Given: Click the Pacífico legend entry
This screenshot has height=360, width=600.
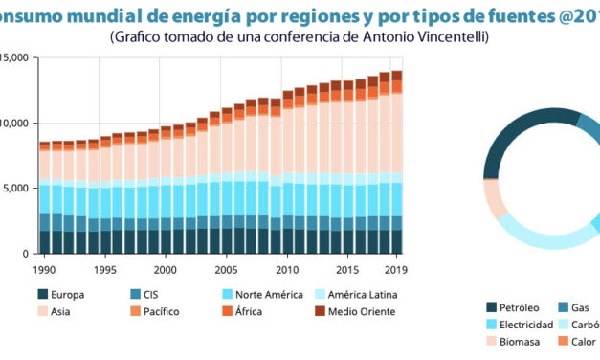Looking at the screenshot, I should (x=160, y=311).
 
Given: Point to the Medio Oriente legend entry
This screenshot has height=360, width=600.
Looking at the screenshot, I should (x=353, y=311).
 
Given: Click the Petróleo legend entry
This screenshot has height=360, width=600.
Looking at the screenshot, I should (x=519, y=307).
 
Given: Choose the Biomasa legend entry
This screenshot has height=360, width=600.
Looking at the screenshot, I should (x=520, y=342).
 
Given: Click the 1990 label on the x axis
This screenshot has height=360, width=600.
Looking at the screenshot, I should (x=44, y=270).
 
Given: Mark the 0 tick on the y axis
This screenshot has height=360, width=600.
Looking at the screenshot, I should (x=30, y=254).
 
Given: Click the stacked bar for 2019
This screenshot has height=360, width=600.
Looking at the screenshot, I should (x=396, y=162).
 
